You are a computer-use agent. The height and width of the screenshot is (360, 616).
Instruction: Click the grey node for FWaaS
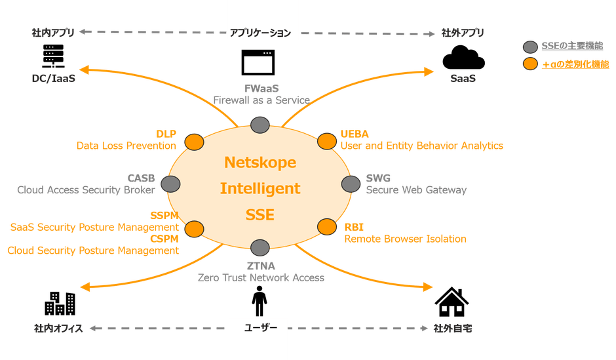point(260,125)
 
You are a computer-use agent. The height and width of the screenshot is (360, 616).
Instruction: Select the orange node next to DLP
point(193,142)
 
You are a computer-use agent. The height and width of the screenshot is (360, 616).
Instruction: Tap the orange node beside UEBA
point(326,141)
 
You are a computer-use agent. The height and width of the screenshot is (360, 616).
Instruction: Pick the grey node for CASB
point(170,184)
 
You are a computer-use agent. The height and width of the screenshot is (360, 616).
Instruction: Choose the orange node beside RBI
point(327,227)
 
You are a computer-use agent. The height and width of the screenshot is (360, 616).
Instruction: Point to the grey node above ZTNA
point(260,248)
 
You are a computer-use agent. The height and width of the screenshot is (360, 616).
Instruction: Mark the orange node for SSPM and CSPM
point(193,228)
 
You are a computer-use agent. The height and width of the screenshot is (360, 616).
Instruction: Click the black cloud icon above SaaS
point(463,58)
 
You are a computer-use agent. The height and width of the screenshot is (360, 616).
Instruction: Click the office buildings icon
point(60,303)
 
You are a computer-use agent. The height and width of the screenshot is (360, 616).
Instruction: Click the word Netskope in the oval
point(260,161)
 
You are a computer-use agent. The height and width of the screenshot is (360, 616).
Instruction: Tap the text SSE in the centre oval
point(260,214)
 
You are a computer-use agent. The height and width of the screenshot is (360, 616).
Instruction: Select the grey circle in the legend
point(531,47)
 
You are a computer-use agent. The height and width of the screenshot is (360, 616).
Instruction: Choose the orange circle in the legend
point(531,64)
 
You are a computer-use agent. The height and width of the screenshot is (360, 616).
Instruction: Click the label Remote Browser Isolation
point(405,239)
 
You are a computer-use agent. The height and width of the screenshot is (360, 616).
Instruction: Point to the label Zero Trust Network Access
point(261,277)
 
